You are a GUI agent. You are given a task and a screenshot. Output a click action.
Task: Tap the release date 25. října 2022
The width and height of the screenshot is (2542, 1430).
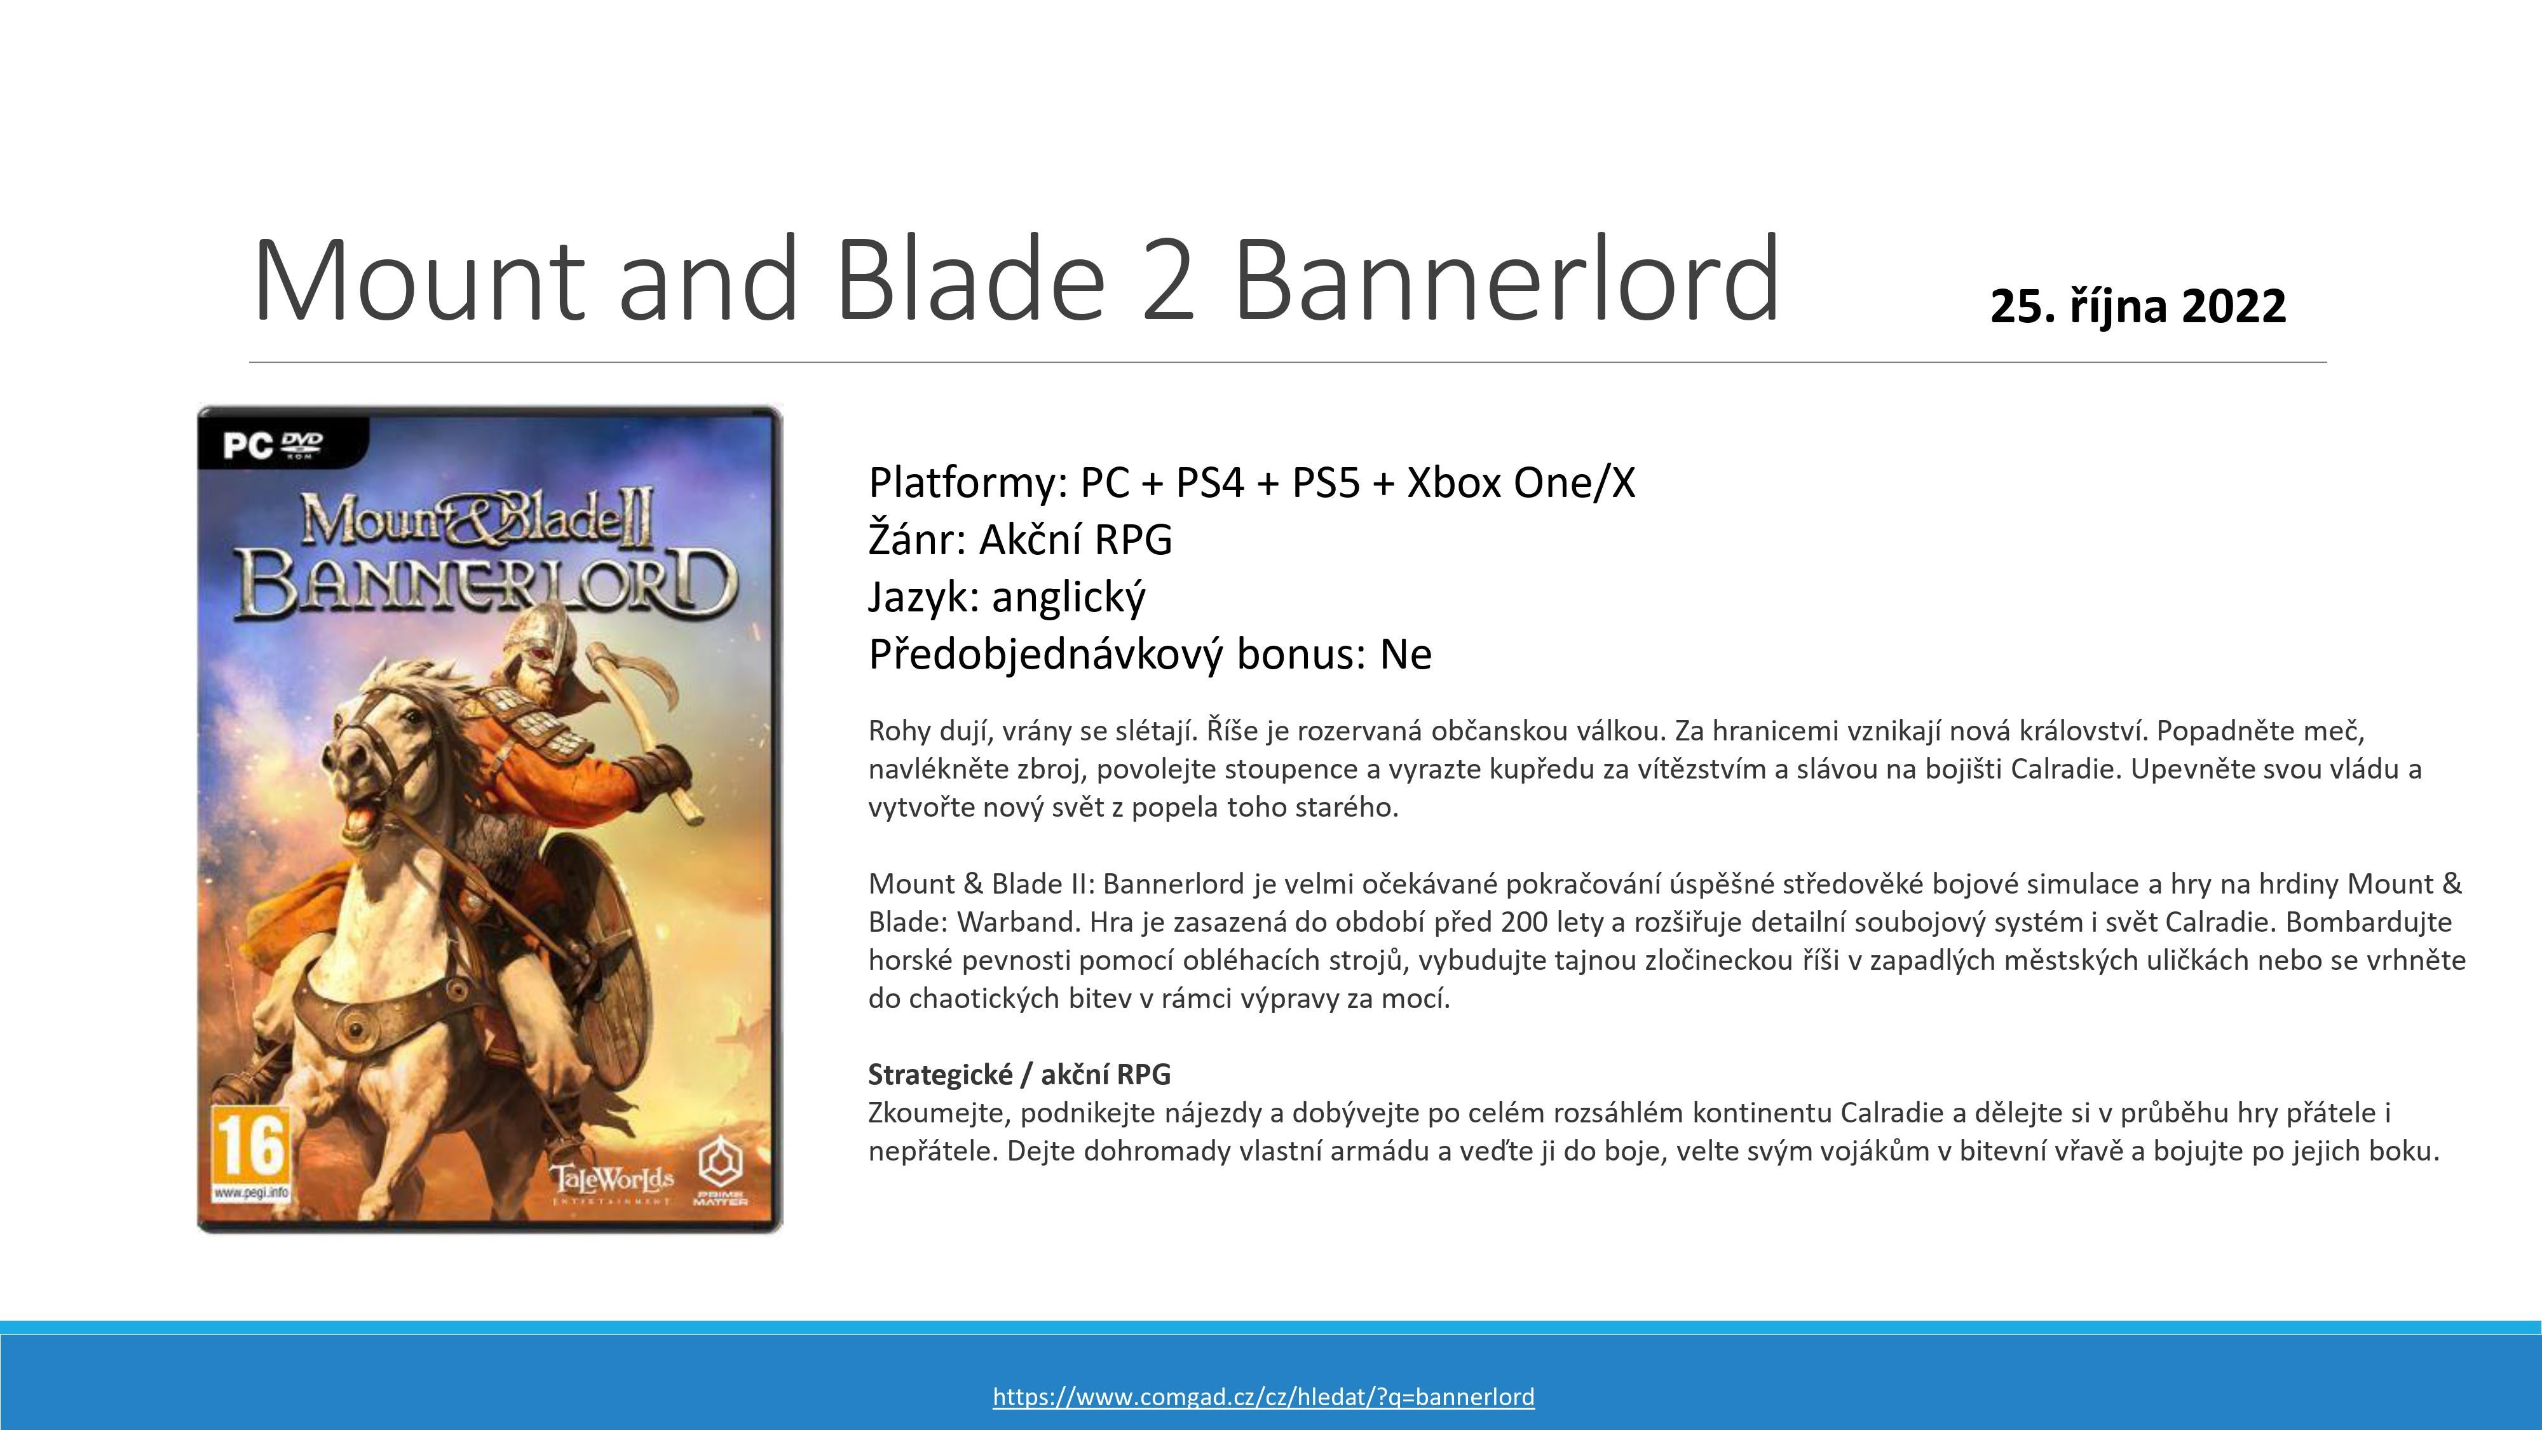[x=2137, y=306]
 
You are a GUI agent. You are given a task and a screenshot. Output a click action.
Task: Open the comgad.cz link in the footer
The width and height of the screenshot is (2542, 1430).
[x=1263, y=1396]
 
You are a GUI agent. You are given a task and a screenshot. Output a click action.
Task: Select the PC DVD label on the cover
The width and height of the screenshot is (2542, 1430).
[x=273, y=445]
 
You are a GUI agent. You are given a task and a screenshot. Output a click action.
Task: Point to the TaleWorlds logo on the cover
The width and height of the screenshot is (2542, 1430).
[x=613, y=1182]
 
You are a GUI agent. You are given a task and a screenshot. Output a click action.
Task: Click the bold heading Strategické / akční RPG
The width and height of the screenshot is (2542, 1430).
[x=1019, y=1073]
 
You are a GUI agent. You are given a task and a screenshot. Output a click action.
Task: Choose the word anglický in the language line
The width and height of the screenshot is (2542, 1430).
[x=1069, y=597]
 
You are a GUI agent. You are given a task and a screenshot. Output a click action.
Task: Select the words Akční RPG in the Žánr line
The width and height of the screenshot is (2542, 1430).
[x=1076, y=540]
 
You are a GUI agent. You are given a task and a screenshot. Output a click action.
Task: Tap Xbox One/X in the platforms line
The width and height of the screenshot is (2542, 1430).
[x=1521, y=482]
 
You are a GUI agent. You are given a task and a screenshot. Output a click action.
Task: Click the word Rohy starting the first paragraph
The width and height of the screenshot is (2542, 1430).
[x=900, y=732]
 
